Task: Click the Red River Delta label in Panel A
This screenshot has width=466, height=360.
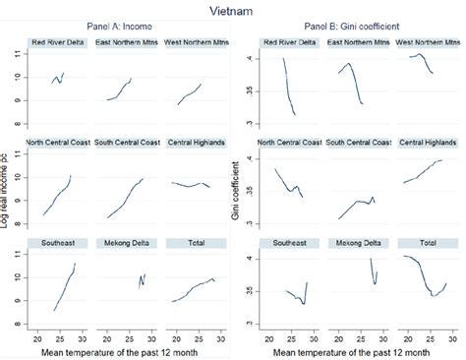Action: coord(58,43)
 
